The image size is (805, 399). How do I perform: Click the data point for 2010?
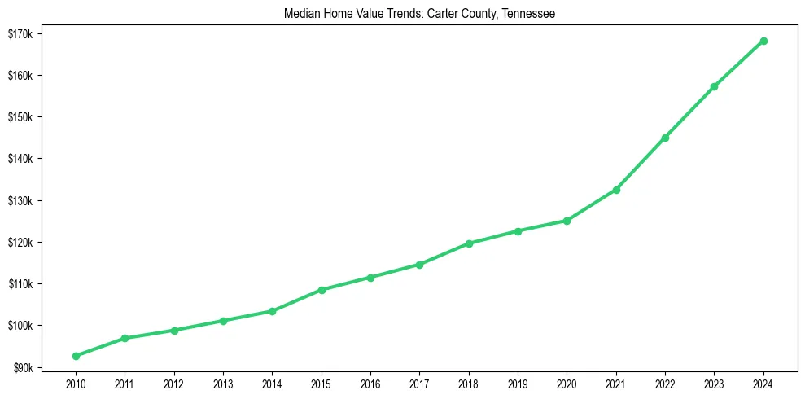pyautogui.click(x=76, y=356)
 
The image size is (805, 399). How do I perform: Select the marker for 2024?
pyautogui.click(x=763, y=41)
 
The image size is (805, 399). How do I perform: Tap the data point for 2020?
pyautogui.click(x=567, y=221)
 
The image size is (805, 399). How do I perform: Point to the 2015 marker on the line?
pyautogui.click(x=322, y=290)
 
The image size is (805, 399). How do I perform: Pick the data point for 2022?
pyautogui.click(x=665, y=138)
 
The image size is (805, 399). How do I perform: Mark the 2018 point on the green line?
pyautogui.click(x=469, y=243)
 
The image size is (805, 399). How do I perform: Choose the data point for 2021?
pyautogui.click(x=616, y=190)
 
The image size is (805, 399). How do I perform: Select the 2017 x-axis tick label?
pyautogui.click(x=420, y=383)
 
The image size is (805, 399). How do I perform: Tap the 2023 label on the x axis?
pyautogui.click(x=715, y=383)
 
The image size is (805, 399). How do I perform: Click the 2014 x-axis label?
pyautogui.click(x=272, y=383)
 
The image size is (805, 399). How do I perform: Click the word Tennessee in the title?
pyautogui.click(x=527, y=14)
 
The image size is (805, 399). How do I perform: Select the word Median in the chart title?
pyautogui.click(x=302, y=14)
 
